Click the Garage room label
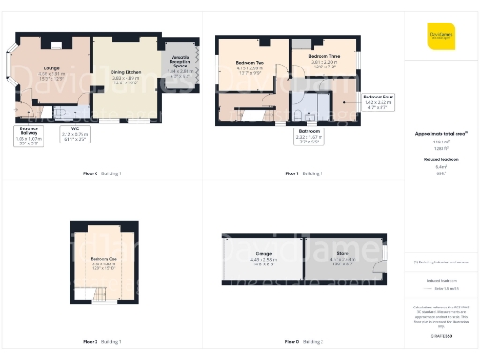tap(263, 256)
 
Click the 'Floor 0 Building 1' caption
tap(103, 173)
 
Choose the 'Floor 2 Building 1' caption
tap(103, 341)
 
